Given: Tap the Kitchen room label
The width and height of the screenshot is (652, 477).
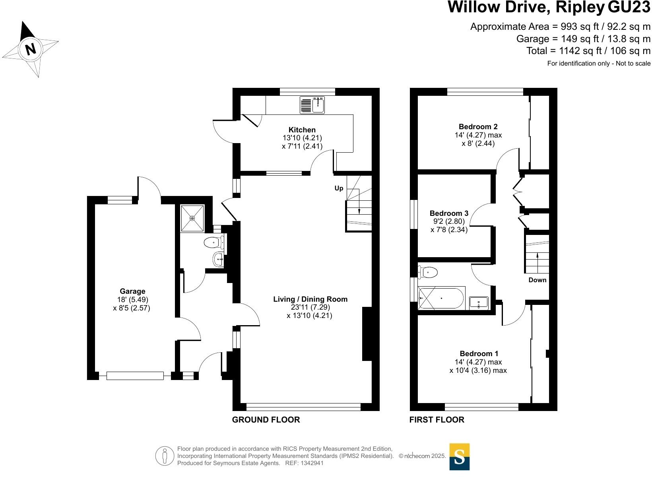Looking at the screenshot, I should (302, 130).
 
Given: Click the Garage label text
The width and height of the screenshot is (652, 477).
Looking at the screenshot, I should (132, 291).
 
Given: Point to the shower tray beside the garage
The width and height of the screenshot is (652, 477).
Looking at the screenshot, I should (192, 218).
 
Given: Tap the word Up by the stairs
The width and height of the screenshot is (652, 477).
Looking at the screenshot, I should (339, 188).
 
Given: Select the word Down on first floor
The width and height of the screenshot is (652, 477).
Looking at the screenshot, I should (537, 280).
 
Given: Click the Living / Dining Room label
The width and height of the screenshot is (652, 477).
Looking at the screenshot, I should (310, 299).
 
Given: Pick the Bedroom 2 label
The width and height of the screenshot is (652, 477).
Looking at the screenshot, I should (478, 127).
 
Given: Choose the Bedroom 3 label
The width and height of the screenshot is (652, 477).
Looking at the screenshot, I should (449, 213).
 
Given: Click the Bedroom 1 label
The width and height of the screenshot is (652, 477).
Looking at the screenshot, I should (479, 353).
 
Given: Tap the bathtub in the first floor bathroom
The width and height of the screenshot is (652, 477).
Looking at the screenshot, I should (441, 298).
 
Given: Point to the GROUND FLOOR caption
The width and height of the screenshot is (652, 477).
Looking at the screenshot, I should (266, 419).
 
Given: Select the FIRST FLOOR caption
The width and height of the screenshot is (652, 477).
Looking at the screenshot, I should (437, 419).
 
